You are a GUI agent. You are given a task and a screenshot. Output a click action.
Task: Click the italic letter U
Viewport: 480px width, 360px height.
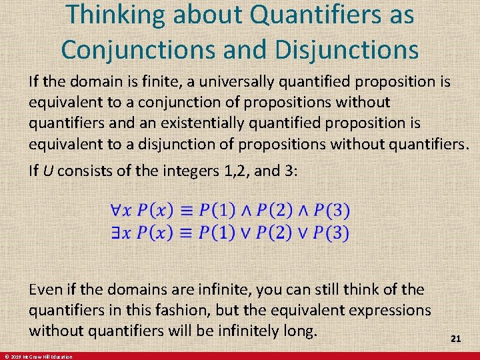tap(48, 171)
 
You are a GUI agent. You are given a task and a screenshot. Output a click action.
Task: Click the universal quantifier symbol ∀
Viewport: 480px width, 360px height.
tap(116, 211)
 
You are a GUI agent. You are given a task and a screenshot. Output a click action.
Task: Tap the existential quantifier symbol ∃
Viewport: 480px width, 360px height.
tap(116, 233)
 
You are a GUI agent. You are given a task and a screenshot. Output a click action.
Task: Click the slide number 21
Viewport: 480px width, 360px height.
tap(456, 339)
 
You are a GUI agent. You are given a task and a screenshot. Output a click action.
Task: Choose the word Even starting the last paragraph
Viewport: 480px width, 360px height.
tap(45, 290)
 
